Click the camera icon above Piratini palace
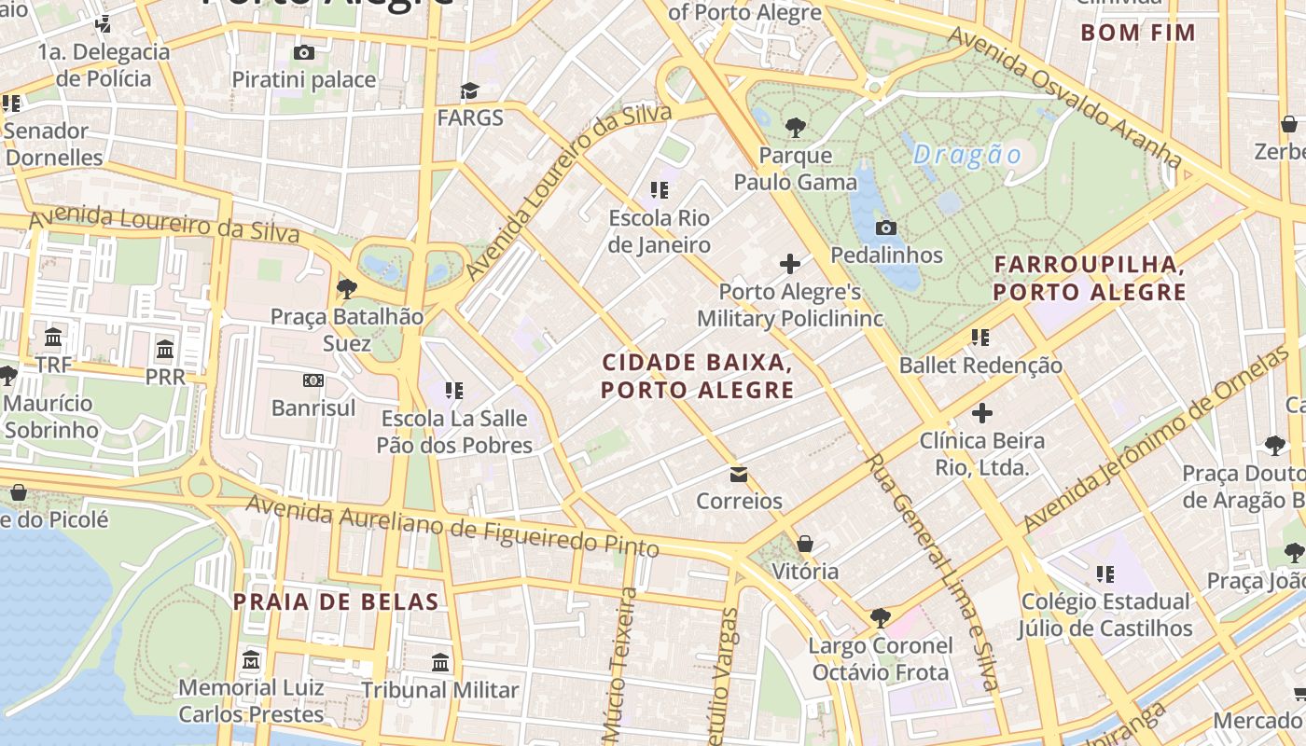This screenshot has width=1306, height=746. pos(303,53)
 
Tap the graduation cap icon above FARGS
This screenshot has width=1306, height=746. pos(469,90)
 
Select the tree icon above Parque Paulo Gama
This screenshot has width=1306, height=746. pos(795,128)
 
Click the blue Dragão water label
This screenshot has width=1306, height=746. pos(967,155)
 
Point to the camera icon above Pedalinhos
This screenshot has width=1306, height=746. pos(886,228)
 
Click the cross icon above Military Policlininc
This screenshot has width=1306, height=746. pos(790,264)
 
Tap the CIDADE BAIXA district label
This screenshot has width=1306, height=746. pos(698,376)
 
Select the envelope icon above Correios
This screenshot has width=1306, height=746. pos(739,475)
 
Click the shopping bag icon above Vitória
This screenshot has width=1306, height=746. pos(805,544)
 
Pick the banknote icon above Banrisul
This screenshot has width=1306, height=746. pos(313,380)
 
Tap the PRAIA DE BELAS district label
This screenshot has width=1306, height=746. pos(336,601)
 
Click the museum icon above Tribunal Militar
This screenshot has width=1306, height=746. pos(440,663)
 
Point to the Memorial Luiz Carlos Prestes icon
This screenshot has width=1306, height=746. pos(251,661)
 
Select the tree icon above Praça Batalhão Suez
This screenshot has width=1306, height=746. pos(347,289)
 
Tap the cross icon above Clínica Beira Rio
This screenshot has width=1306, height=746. pos(982,412)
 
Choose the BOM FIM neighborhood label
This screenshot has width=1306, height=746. pos(1138,33)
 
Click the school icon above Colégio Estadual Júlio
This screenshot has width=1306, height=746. pos(1105,573)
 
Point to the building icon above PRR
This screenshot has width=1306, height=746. pos(165,350)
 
